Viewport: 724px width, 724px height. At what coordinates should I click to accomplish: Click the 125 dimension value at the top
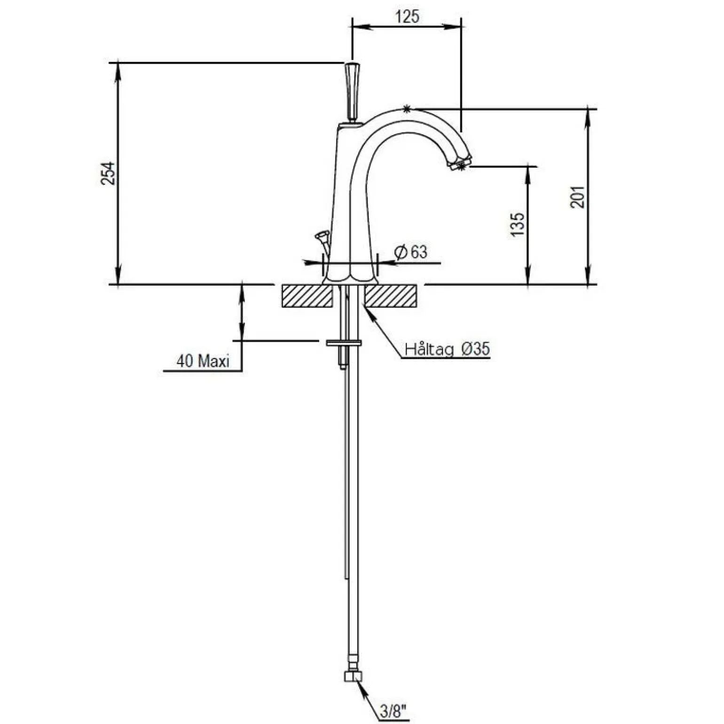(x=407, y=16)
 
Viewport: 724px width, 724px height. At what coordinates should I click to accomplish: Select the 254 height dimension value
(x=108, y=173)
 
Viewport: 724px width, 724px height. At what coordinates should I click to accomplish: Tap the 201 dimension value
(x=577, y=197)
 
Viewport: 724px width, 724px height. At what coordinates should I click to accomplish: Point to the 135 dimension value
(x=517, y=224)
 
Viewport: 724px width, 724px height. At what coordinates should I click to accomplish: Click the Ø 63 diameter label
(x=411, y=252)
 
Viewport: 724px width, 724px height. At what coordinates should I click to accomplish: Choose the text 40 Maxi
(x=203, y=361)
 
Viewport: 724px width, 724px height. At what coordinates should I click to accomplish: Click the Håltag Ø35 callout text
(x=448, y=349)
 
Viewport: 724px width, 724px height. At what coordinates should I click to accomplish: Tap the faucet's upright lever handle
(x=352, y=92)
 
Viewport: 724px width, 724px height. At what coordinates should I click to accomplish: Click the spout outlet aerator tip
(x=460, y=163)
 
